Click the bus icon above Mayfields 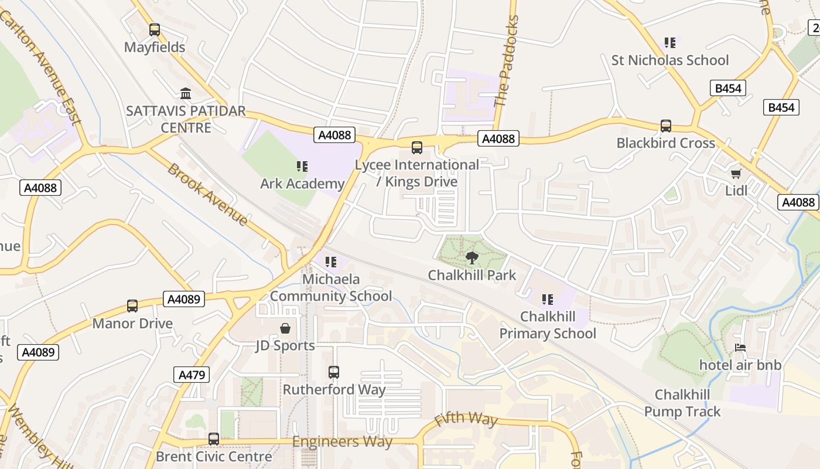(x=155, y=29)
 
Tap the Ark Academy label (x=302, y=183)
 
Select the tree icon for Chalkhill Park (x=471, y=257)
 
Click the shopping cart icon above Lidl (x=736, y=174)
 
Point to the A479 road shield (x=192, y=375)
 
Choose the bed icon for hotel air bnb (x=740, y=348)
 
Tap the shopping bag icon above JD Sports (x=285, y=328)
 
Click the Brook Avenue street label (x=207, y=195)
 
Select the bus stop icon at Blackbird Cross (x=666, y=126)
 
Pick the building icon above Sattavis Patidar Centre (x=186, y=93)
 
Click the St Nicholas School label (x=670, y=60)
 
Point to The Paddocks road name (x=507, y=62)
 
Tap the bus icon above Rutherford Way (x=334, y=372)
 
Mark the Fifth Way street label (x=466, y=419)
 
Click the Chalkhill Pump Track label (x=682, y=403)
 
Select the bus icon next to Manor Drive (x=132, y=306)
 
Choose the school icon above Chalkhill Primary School (x=548, y=300)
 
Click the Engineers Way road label (x=342, y=441)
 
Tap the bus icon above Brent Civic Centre (x=214, y=439)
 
